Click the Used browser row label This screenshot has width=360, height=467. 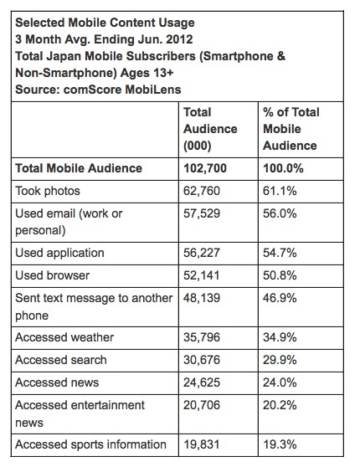[x=54, y=274]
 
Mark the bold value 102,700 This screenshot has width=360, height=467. [x=204, y=168]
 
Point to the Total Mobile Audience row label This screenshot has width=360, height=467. [x=79, y=168]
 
